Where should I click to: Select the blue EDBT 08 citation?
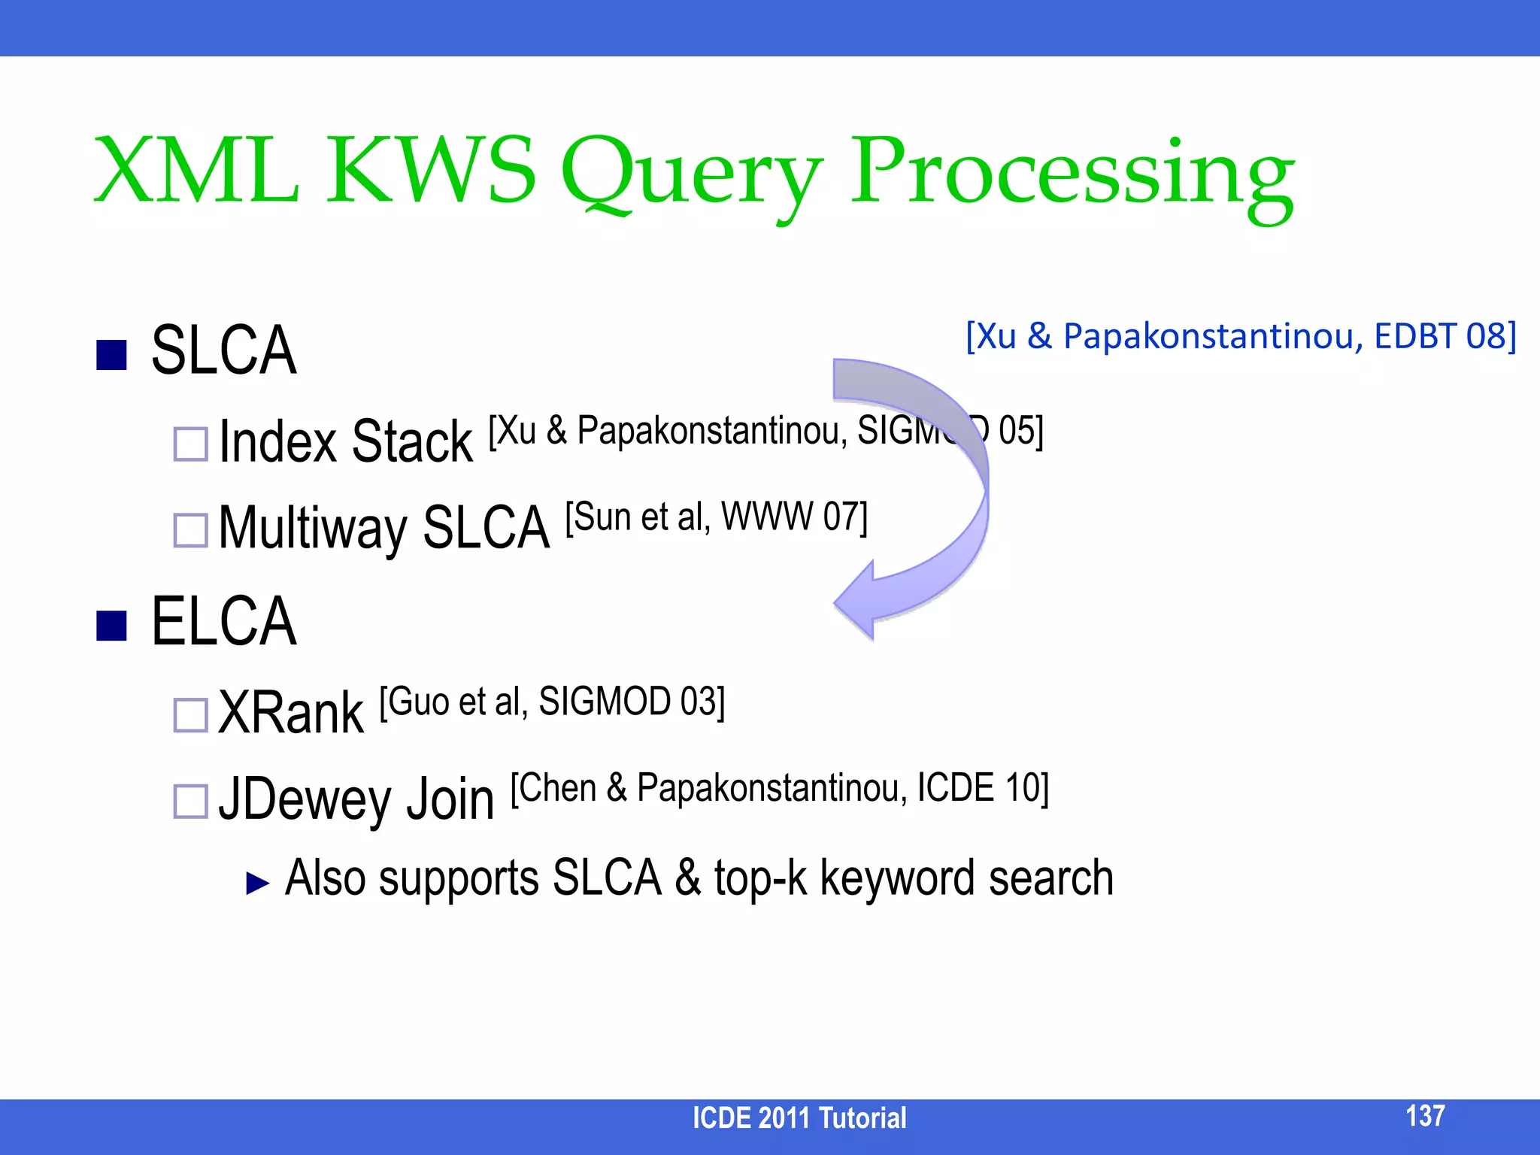[1241, 336]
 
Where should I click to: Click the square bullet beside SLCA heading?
[111, 355]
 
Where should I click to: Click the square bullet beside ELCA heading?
[111, 625]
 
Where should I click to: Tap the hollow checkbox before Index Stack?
[190, 444]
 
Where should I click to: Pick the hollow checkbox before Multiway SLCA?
[190, 530]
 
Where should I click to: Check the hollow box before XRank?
[190, 715]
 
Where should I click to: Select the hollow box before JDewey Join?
[190, 802]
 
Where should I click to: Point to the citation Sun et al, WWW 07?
[716, 518]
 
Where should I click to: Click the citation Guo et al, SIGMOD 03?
[552, 702]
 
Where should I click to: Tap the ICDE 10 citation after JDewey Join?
[779, 789]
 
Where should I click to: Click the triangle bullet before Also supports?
[257, 883]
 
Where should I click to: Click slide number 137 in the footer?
[1425, 1116]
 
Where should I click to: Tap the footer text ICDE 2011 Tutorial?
[799, 1118]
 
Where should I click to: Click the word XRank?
[291, 713]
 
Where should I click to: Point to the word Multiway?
[312, 529]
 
